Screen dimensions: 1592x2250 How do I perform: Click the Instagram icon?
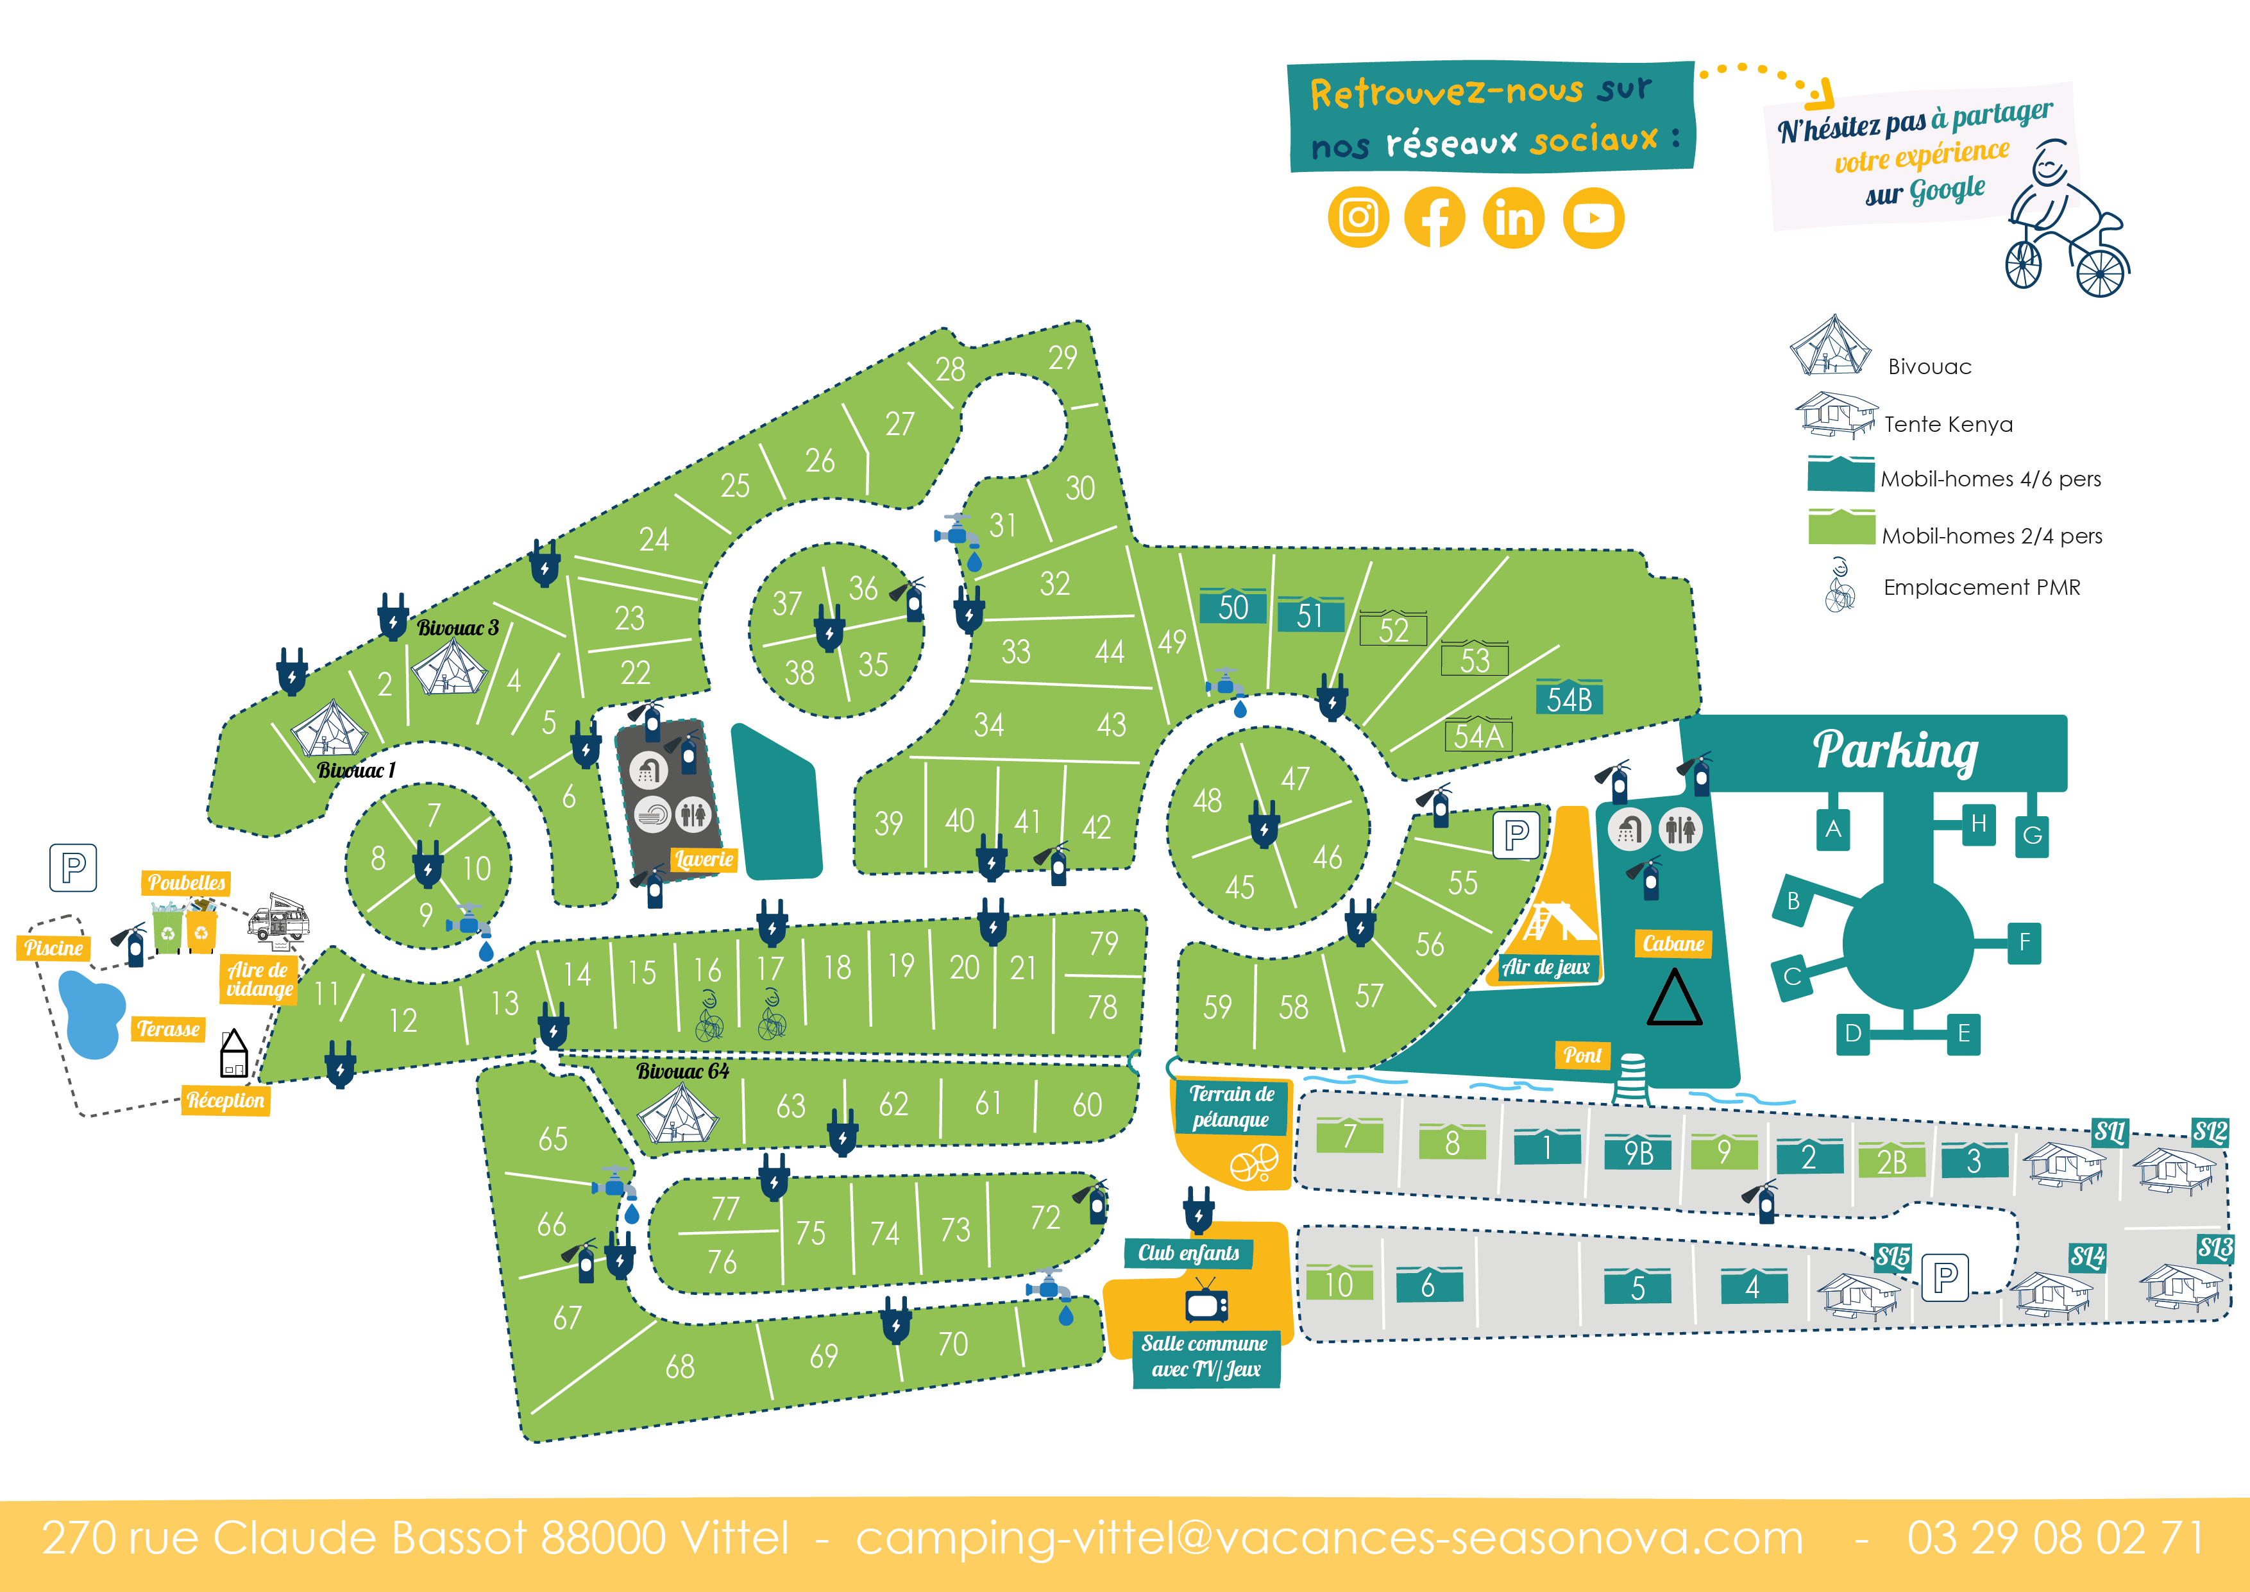click(1358, 218)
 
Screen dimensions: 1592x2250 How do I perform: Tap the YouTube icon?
click(1593, 218)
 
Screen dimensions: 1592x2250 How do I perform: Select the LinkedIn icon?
click(1514, 218)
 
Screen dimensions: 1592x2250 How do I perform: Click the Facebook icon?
click(1435, 218)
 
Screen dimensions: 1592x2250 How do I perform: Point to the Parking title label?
click(1894, 751)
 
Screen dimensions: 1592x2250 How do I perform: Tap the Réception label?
click(225, 1100)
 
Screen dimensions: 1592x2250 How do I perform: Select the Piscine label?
click(54, 948)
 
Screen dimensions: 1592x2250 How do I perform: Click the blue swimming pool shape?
click(91, 1014)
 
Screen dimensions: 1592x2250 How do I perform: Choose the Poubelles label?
click(186, 882)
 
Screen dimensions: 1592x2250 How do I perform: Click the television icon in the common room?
click(1205, 1304)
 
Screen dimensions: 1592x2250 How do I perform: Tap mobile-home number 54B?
click(1569, 699)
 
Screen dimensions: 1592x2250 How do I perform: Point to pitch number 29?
click(1062, 359)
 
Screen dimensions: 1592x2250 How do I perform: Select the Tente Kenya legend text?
click(1948, 424)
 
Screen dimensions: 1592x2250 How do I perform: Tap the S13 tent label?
click(2215, 1248)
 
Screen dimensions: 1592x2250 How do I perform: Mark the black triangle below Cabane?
click(1674, 1000)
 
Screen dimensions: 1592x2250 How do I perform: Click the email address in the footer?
click(1329, 1537)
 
